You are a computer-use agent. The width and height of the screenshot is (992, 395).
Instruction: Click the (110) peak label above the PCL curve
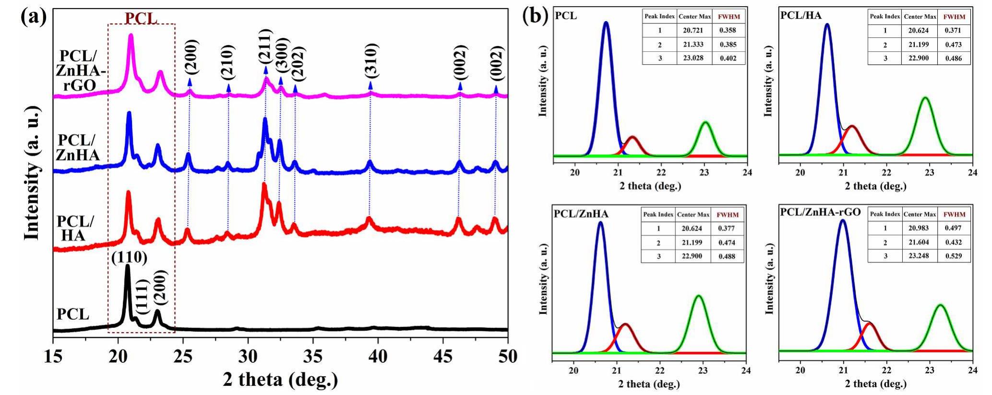coord(129,257)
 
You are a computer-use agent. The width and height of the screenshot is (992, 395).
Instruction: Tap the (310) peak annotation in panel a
coord(371,60)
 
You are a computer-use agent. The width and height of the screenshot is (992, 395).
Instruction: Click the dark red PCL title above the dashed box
coord(141,18)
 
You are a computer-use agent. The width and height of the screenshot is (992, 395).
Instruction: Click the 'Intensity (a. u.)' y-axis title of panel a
coord(32,174)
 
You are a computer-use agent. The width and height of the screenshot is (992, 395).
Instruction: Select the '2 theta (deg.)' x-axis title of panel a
coord(280,380)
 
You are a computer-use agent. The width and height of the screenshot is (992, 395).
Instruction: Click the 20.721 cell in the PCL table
coord(694,30)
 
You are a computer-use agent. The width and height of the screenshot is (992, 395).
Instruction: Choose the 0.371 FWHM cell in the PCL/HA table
coord(953,30)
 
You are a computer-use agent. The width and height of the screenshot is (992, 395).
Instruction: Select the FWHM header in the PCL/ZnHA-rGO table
coord(954,214)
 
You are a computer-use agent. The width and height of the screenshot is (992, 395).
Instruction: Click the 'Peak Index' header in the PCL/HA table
coord(885,16)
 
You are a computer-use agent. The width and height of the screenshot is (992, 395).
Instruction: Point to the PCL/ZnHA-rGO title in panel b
coord(821,212)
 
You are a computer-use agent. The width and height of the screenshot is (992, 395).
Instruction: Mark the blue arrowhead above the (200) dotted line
coord(190,82)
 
